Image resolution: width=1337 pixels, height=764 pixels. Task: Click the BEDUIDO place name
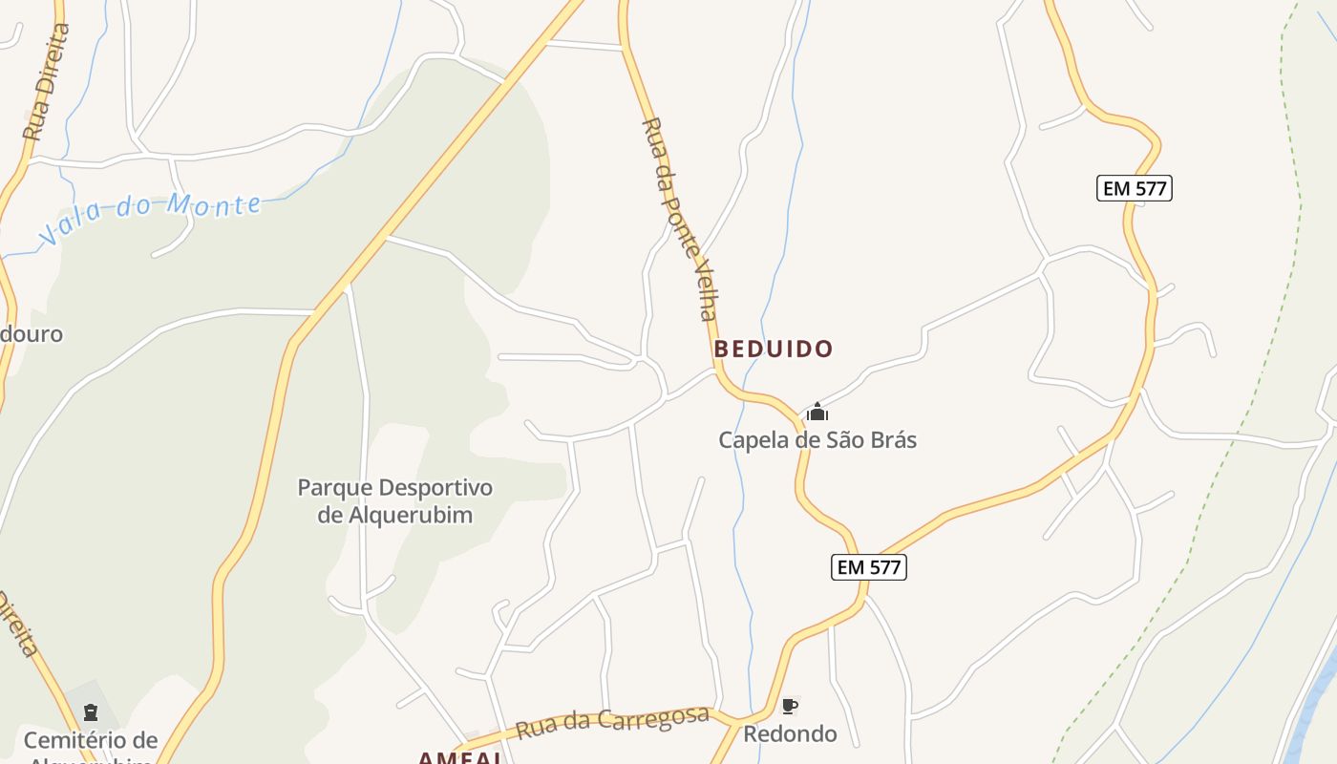point(774,350)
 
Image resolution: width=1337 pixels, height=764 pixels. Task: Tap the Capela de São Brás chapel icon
point(817,413)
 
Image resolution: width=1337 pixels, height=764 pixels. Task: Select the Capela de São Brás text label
point(817,440)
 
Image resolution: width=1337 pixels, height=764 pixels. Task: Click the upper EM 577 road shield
point(1134,188)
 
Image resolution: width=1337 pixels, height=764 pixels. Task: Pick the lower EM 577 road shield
point(867,567)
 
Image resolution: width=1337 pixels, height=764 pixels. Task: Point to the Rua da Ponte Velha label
point(680,219)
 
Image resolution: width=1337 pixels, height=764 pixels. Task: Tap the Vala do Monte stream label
point(150,217)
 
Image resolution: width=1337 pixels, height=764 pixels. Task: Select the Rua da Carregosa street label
point(612,723)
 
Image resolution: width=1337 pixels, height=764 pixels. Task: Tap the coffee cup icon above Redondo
point(789,707)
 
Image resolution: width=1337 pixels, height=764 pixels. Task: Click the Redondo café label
point(790,734)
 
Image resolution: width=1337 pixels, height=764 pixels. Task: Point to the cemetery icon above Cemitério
point(91,712)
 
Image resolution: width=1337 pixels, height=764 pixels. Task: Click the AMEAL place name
point(460,757)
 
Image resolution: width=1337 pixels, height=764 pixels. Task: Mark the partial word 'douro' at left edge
point(32,334)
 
